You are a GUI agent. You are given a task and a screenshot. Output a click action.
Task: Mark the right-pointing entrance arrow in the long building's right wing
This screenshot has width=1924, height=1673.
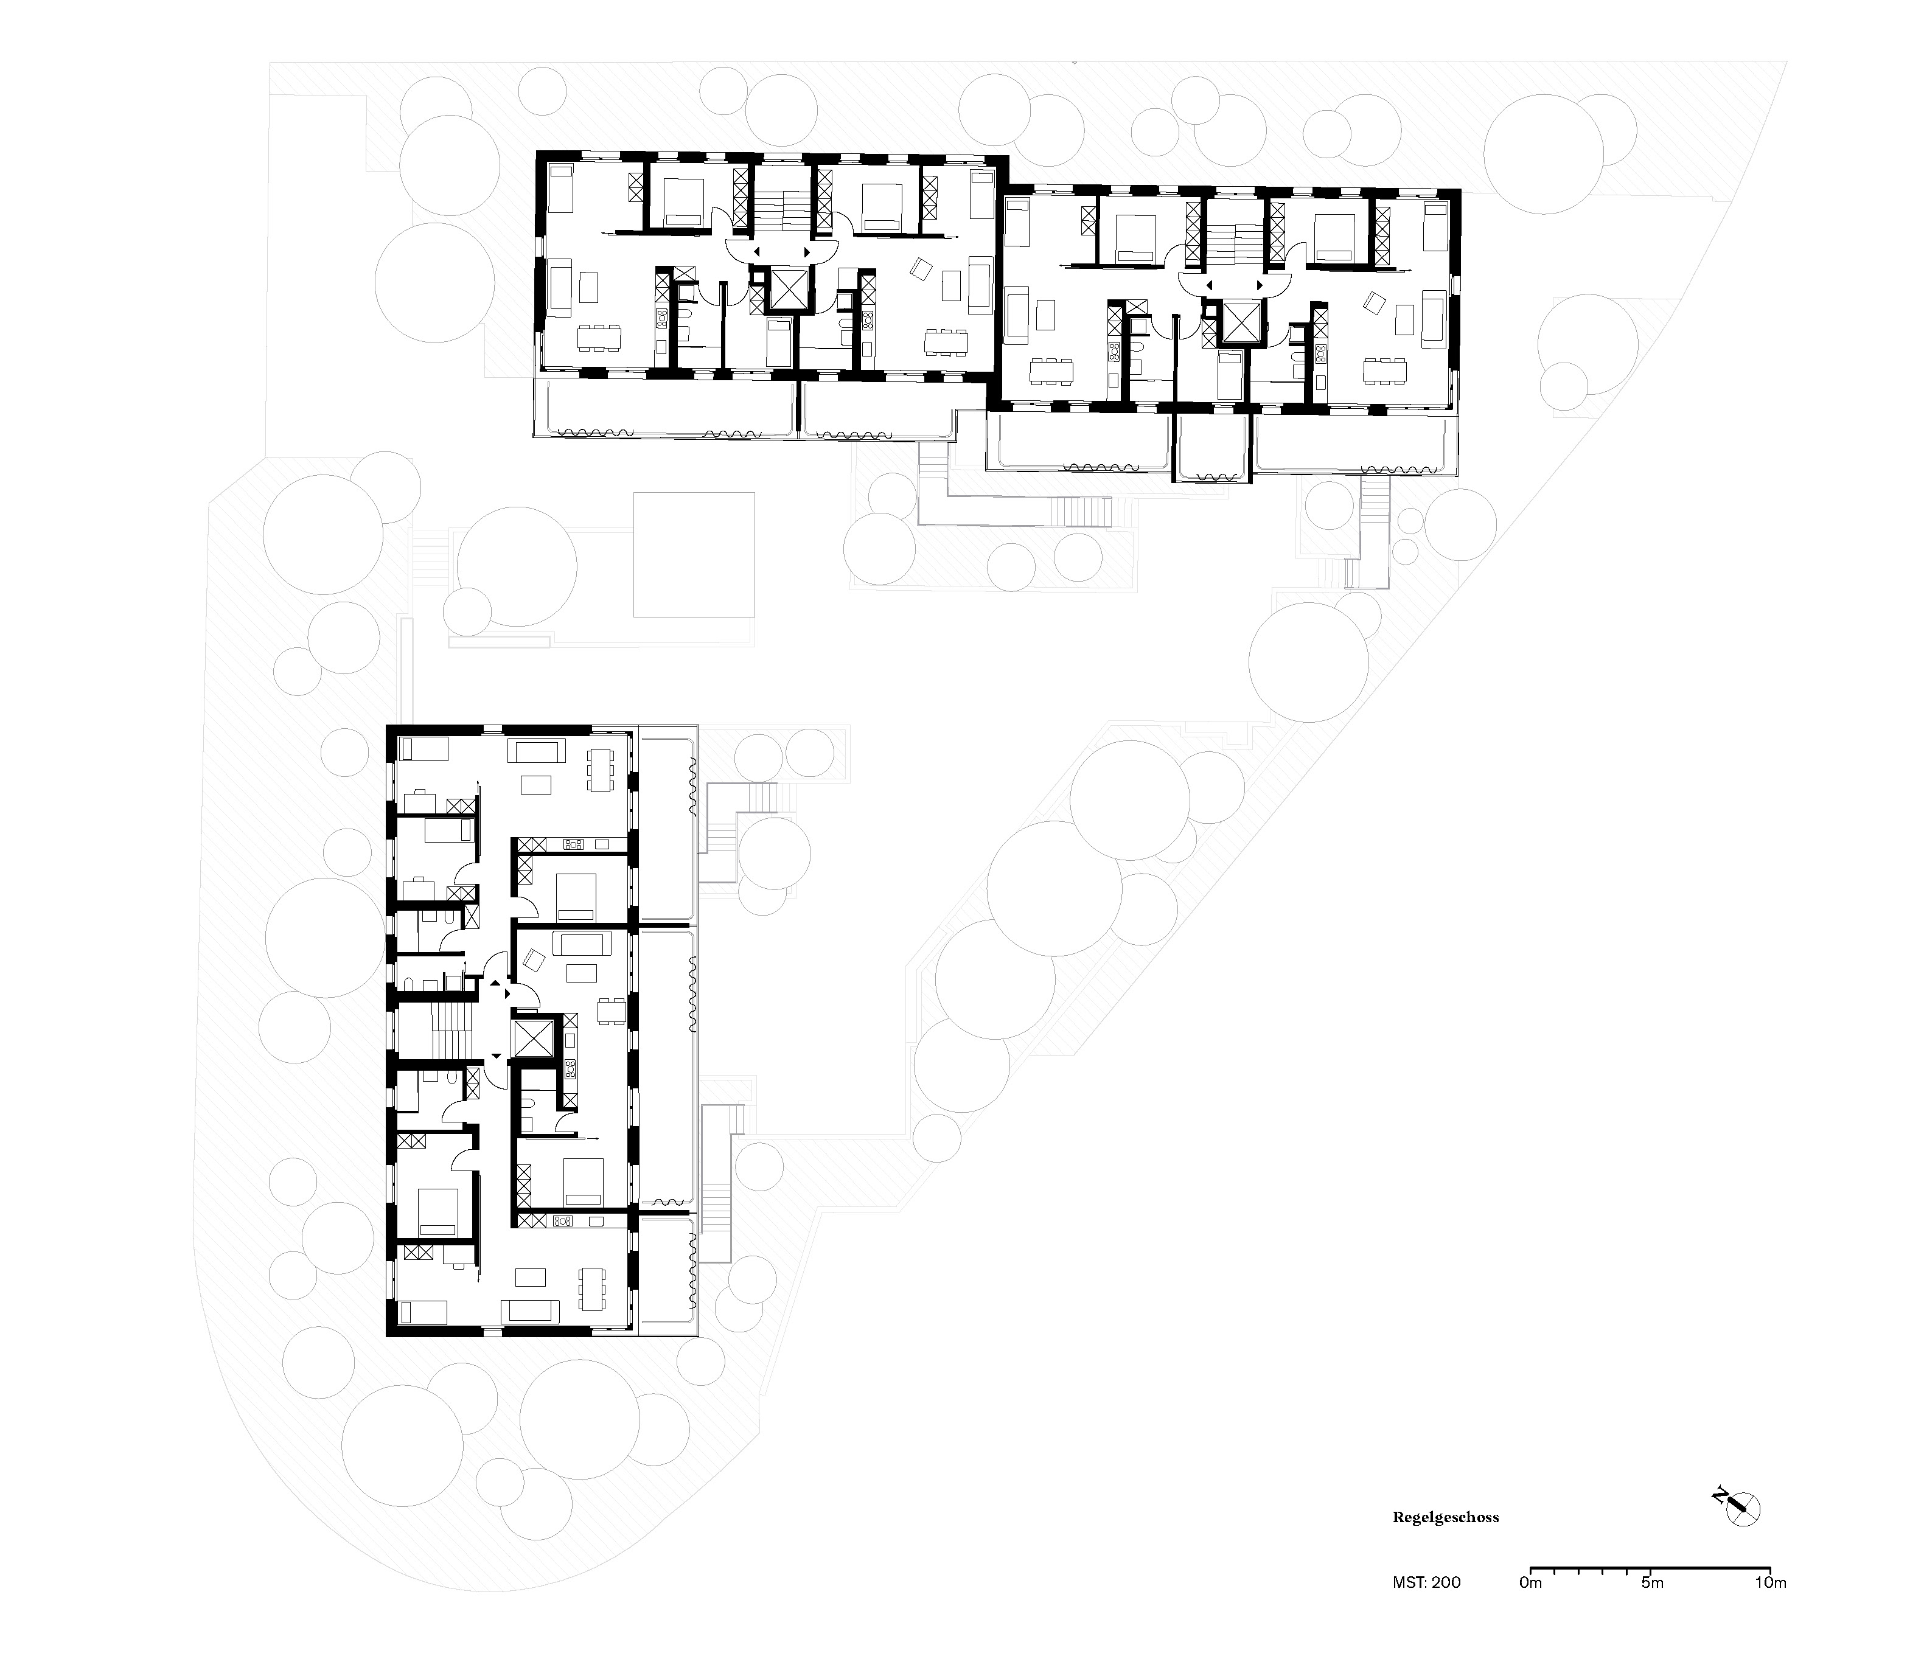1260,285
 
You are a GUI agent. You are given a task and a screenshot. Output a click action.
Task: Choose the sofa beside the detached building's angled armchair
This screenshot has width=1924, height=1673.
580,944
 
